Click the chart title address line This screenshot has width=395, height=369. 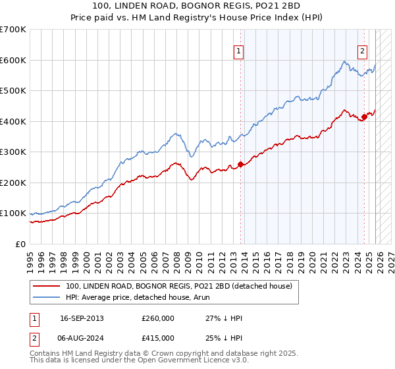pyautogui.click(x=197, y=6)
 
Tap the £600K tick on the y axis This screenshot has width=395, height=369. pyautogui.click(x=13, y=60)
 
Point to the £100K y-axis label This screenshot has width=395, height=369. pyautogui.click(x=13, y=213)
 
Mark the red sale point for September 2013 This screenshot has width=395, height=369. pyautogui.click(x=240, y=164)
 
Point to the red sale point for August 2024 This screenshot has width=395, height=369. pyautogui.click(x=364, y=117)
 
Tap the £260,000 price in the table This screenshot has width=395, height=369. pyautogui.click(x=157, y=318)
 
